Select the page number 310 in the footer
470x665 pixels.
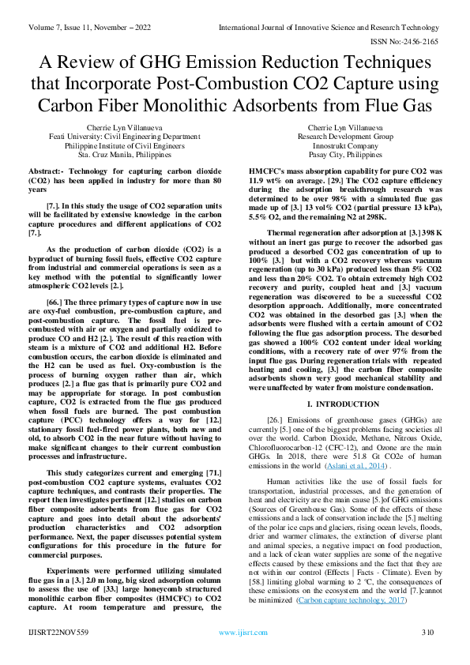(428, 655)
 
